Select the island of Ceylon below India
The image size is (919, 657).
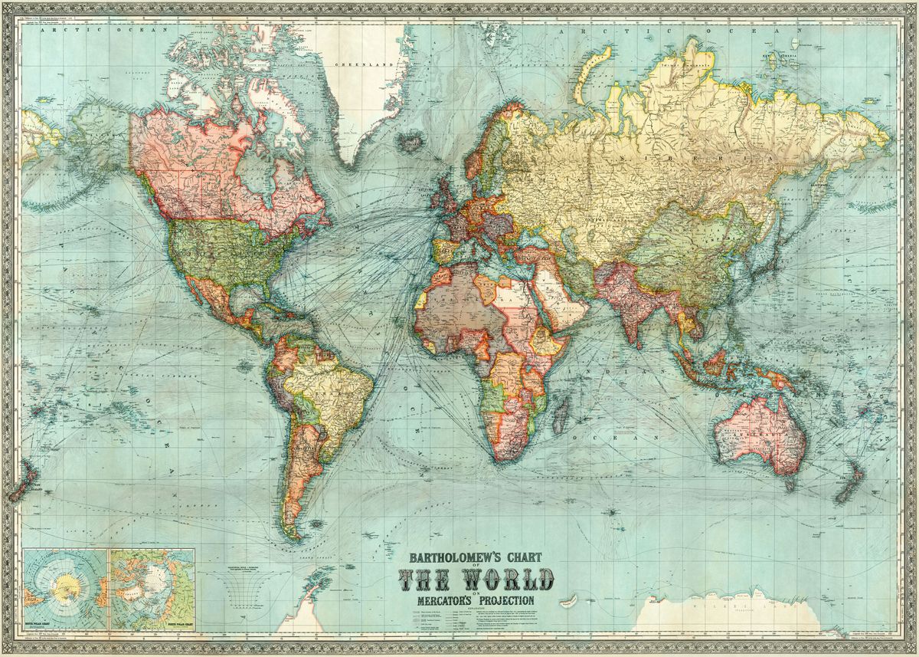tap(646, 336)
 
